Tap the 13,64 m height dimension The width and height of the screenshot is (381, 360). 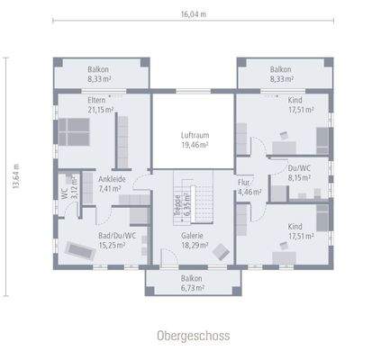click(x=13, y=175)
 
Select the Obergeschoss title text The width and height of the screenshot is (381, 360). click(x=193, y=335)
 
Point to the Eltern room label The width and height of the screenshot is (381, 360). click(x=99, y=101)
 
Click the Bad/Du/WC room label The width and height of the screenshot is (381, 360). click(x=117, y=236)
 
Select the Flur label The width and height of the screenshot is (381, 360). click(x=243, y=182)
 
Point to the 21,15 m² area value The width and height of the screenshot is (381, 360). click(x=100, y=110)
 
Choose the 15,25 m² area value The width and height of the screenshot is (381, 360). click(x=118, y=246)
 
